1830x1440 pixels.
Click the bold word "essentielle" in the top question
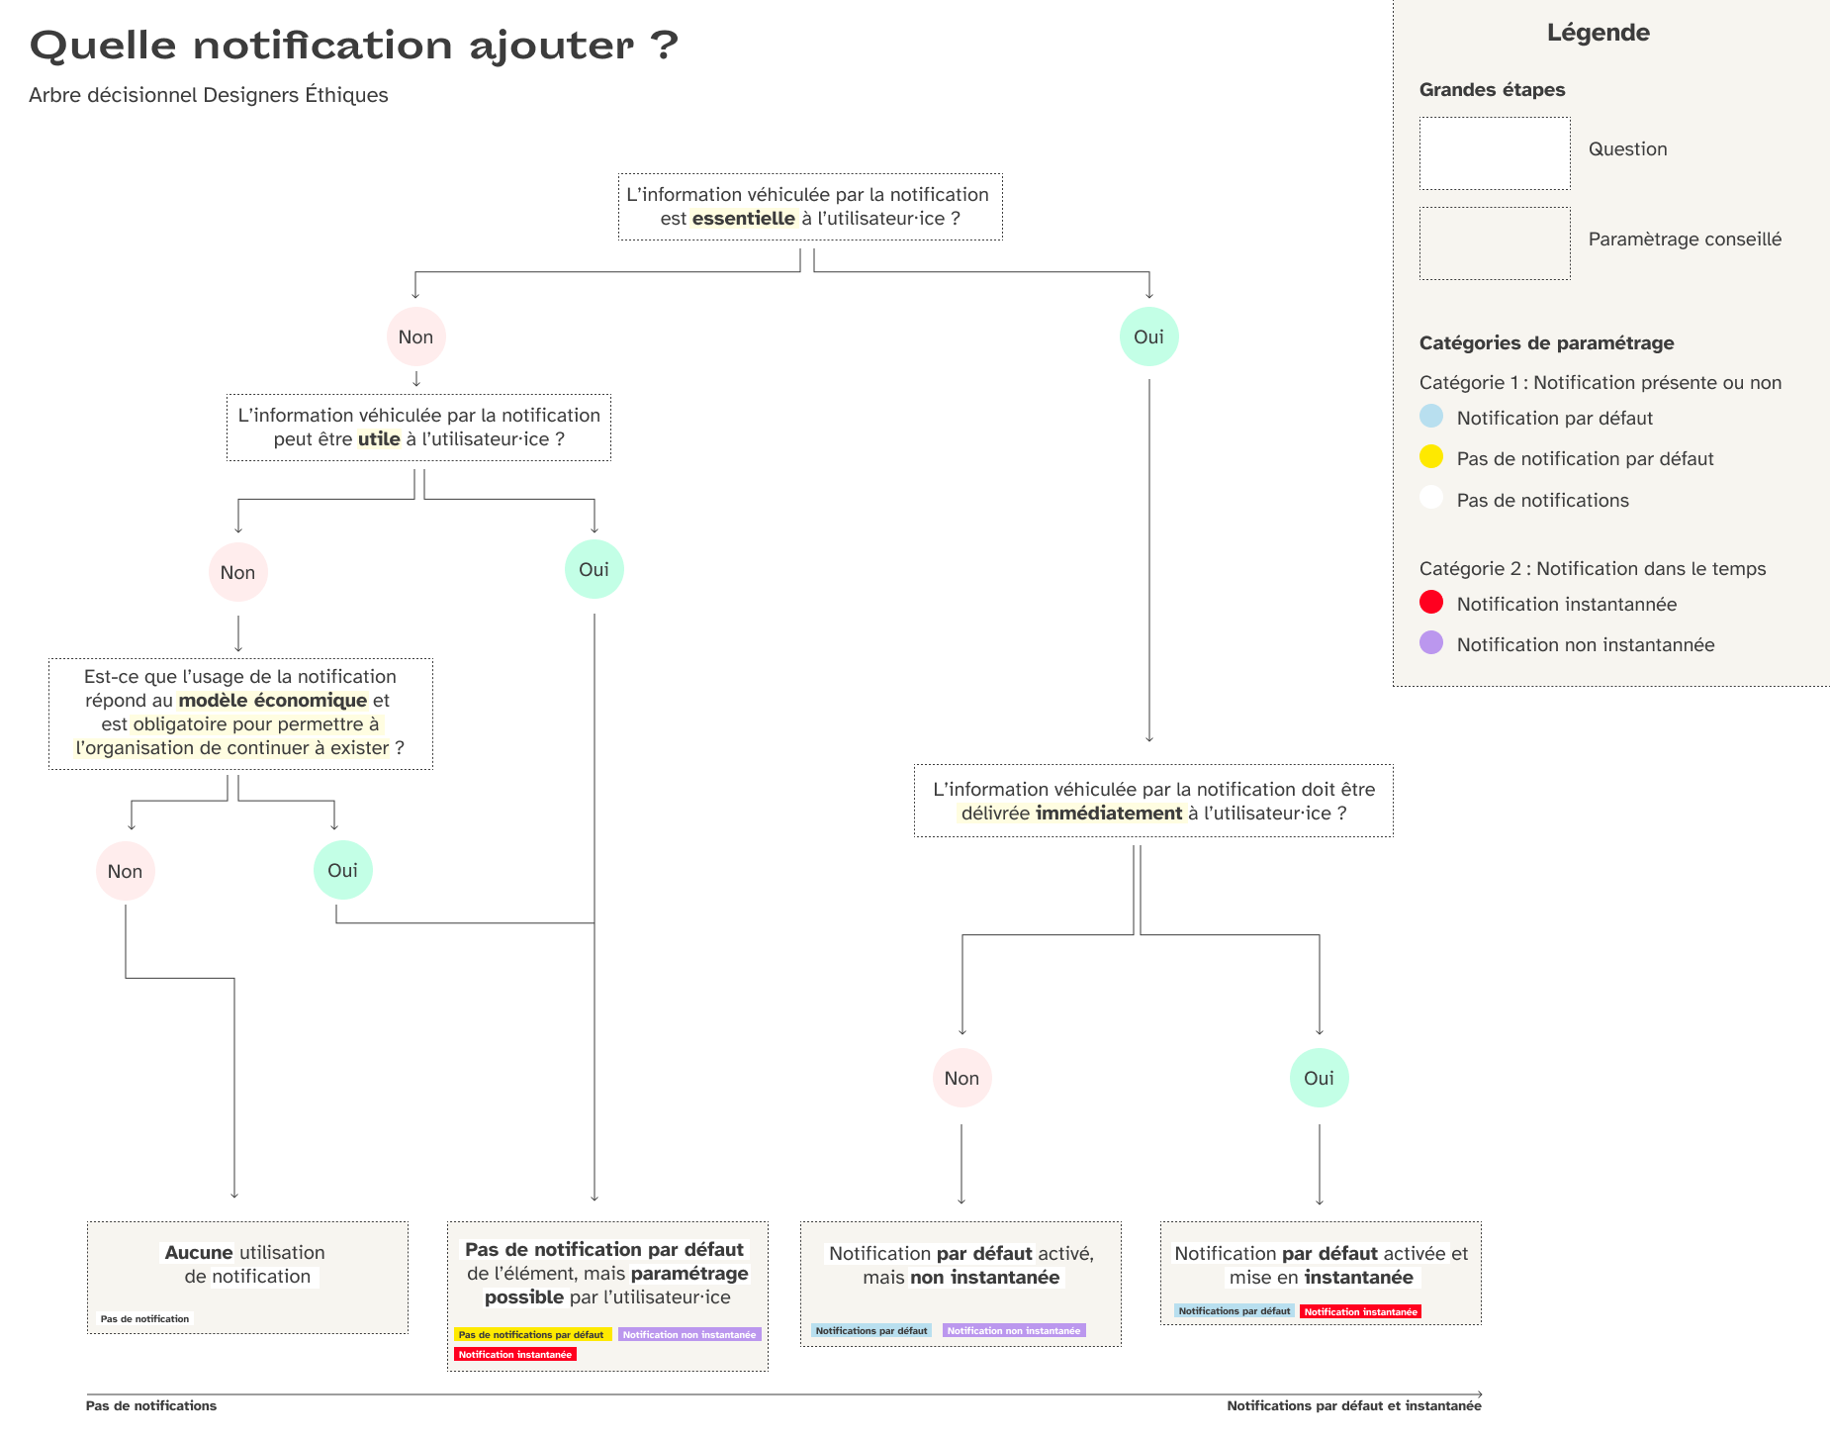[744, 219]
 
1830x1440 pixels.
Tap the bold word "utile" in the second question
[379, 439]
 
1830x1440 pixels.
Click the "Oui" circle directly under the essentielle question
[1148, 336]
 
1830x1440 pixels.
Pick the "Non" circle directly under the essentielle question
[415, 336]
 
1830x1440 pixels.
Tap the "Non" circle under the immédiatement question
[961, 1078]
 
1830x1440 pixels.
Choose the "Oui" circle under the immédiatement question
[1319, 1078]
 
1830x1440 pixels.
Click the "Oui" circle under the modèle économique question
[342, 870]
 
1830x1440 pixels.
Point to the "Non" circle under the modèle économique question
[125, 871]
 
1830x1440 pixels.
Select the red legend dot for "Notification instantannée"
[1431, 602]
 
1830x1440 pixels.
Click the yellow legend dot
[1431, 456]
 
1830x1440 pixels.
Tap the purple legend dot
[1431, 642]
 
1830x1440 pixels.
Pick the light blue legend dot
[1431, 416]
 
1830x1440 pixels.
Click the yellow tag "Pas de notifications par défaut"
[532, 1335]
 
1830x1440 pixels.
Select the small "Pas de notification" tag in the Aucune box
[144, 1319]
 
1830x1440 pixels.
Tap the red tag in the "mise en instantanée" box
[1360, 1311]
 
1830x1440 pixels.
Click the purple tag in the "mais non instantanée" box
[1014, 1331]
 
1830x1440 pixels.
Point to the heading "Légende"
[1599, 33]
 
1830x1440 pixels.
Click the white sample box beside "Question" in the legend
[1495, 153]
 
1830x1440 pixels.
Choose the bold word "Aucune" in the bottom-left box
[199, 1253]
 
